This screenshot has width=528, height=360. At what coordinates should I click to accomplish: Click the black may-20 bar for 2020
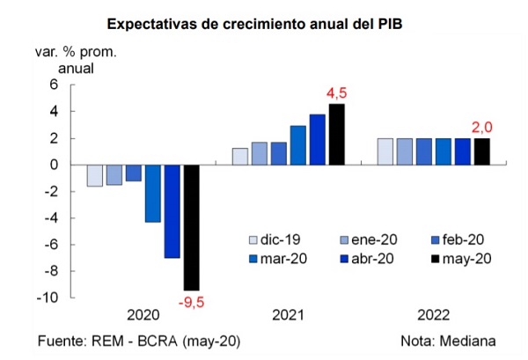coord(191,228)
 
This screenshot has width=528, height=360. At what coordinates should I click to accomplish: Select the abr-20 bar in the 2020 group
coord(172,211)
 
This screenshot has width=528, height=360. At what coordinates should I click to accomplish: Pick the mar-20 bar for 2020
coord(153,194)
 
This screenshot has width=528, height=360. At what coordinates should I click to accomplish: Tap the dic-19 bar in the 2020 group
coord(95,176)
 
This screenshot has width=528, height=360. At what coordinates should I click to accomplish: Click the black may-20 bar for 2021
coord(337,135)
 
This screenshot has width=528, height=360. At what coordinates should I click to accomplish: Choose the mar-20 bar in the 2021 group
coord(298,145)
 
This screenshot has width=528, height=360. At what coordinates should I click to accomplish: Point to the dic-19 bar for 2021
coord(240,157)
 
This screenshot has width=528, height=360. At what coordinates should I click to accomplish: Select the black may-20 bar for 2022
coord(482,151)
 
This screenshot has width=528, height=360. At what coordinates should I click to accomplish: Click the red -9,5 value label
coord(191,302)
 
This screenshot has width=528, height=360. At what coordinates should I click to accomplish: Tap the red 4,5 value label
coord(336,93)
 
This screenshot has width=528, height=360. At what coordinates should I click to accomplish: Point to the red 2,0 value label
coord(482,128)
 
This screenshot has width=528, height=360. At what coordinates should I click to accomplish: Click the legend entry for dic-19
coord(275,239)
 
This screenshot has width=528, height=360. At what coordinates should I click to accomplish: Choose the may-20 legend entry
coord(461,259)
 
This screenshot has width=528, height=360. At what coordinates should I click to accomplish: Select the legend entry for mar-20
coord(278,259)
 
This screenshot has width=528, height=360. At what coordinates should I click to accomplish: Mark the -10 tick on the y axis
coord(48,298)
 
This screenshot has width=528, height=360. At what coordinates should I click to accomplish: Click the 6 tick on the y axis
coord(54,84)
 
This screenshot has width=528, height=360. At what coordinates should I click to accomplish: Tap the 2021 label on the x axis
coord(289,315)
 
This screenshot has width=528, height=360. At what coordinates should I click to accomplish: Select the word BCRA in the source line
coord(158,342)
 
